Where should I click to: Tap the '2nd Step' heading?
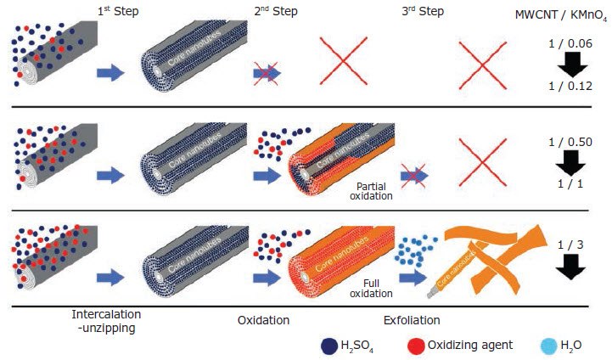(278, 13)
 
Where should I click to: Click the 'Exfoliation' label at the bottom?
(413, 320)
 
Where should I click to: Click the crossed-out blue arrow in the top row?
(267, 74)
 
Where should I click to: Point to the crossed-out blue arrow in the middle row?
(414, 176)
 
